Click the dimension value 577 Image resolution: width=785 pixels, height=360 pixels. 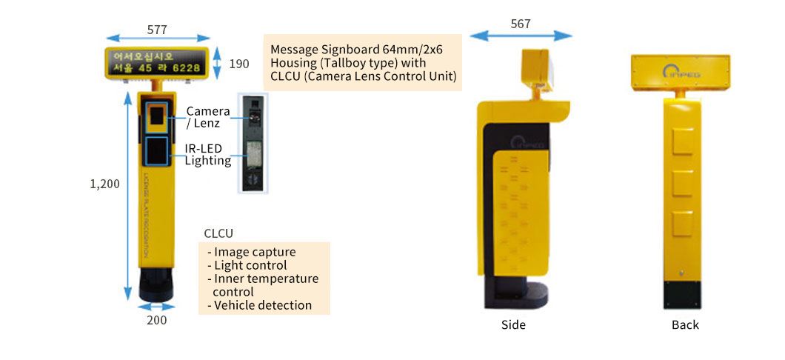pos(156,30)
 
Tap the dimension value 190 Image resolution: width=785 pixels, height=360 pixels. pos(238,64)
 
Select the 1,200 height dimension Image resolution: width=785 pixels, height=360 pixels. pos(104,184)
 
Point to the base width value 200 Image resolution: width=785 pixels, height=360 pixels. pos(156,320)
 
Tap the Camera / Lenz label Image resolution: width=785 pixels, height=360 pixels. pos(203,117)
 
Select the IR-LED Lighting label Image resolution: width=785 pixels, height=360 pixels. pos(207,154)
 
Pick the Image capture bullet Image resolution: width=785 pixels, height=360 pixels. pos(254,252)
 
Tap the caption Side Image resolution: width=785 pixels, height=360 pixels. pos(513,324)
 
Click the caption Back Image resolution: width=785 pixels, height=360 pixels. pos(684,324)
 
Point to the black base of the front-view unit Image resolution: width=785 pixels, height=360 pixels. pos(157,285)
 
